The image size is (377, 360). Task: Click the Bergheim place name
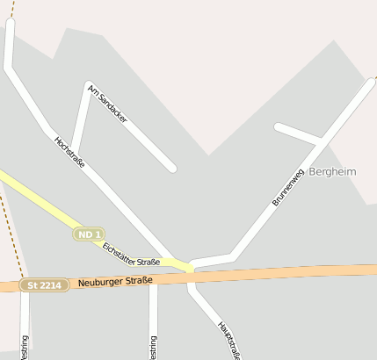pos(332,172)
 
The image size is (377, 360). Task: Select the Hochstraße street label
pos(69,153)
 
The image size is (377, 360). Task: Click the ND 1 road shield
pos(89,234)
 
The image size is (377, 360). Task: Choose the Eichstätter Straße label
pos(131,256)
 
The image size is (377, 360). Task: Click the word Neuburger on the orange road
pos(103,282)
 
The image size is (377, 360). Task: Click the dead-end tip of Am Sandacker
pos(172,167)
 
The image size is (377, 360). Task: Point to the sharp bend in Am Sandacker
pos(89,86)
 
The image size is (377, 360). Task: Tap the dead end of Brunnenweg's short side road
pos(279,127)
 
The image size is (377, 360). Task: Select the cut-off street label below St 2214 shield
pos(24,347)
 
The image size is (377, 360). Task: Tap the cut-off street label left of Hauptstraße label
pos(154,347)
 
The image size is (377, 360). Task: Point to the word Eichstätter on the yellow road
pos(120,250)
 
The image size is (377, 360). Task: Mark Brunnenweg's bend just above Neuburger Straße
pos(233,256)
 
